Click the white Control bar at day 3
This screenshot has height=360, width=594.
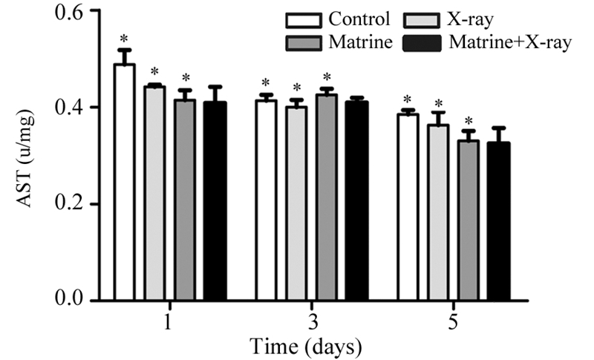(266, 200)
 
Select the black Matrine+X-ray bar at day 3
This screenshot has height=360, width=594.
(356, 200)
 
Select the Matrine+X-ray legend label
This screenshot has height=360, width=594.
(510, 42)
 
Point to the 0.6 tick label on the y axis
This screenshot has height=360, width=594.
(68, 12)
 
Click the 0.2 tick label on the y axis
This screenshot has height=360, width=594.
(68, 204)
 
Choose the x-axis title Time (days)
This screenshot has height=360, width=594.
(306, 346)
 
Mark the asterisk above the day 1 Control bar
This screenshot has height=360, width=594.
(125, 39)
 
